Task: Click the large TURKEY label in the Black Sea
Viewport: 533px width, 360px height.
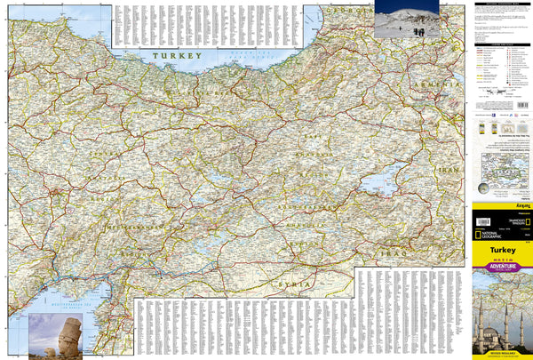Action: (x=176, y=55)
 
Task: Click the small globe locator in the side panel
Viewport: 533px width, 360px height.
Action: (x=483, y=188)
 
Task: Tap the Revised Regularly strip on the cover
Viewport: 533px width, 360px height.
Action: (x=502, y=353)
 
